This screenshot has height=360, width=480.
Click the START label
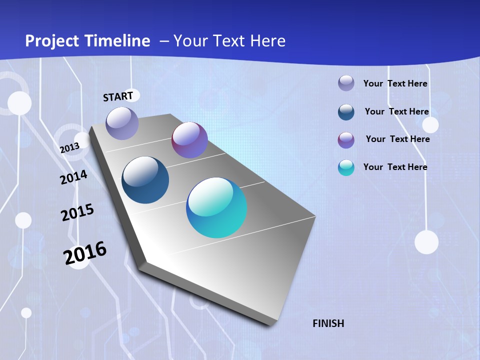click(x=118, y=96)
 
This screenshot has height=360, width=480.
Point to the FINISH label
click(x=328, y=323)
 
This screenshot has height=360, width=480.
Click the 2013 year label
click(x=69, y=148)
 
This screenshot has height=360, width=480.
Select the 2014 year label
click(x=73, y=177)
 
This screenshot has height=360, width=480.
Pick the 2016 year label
click(x=85, y=252)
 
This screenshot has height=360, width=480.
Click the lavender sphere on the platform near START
click(x=122, y=123)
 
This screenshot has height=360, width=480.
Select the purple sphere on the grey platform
click(x=189, y=140)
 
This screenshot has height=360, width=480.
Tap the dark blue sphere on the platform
click(x=145, y=180)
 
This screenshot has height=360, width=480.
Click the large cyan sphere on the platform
click(x=216, y=207)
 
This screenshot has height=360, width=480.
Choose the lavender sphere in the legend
click(x=346, y=83)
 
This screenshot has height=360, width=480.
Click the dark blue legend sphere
click(x=346, y=112)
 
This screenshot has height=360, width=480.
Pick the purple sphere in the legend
click(x=346, y=140)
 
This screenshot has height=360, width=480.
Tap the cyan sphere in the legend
click(x=346, y=167)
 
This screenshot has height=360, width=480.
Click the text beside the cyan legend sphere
click(x=395, y=167)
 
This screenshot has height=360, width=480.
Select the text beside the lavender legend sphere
click(x=395, y=83)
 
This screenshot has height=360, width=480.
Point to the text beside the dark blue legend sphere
click(x=397, y=111)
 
